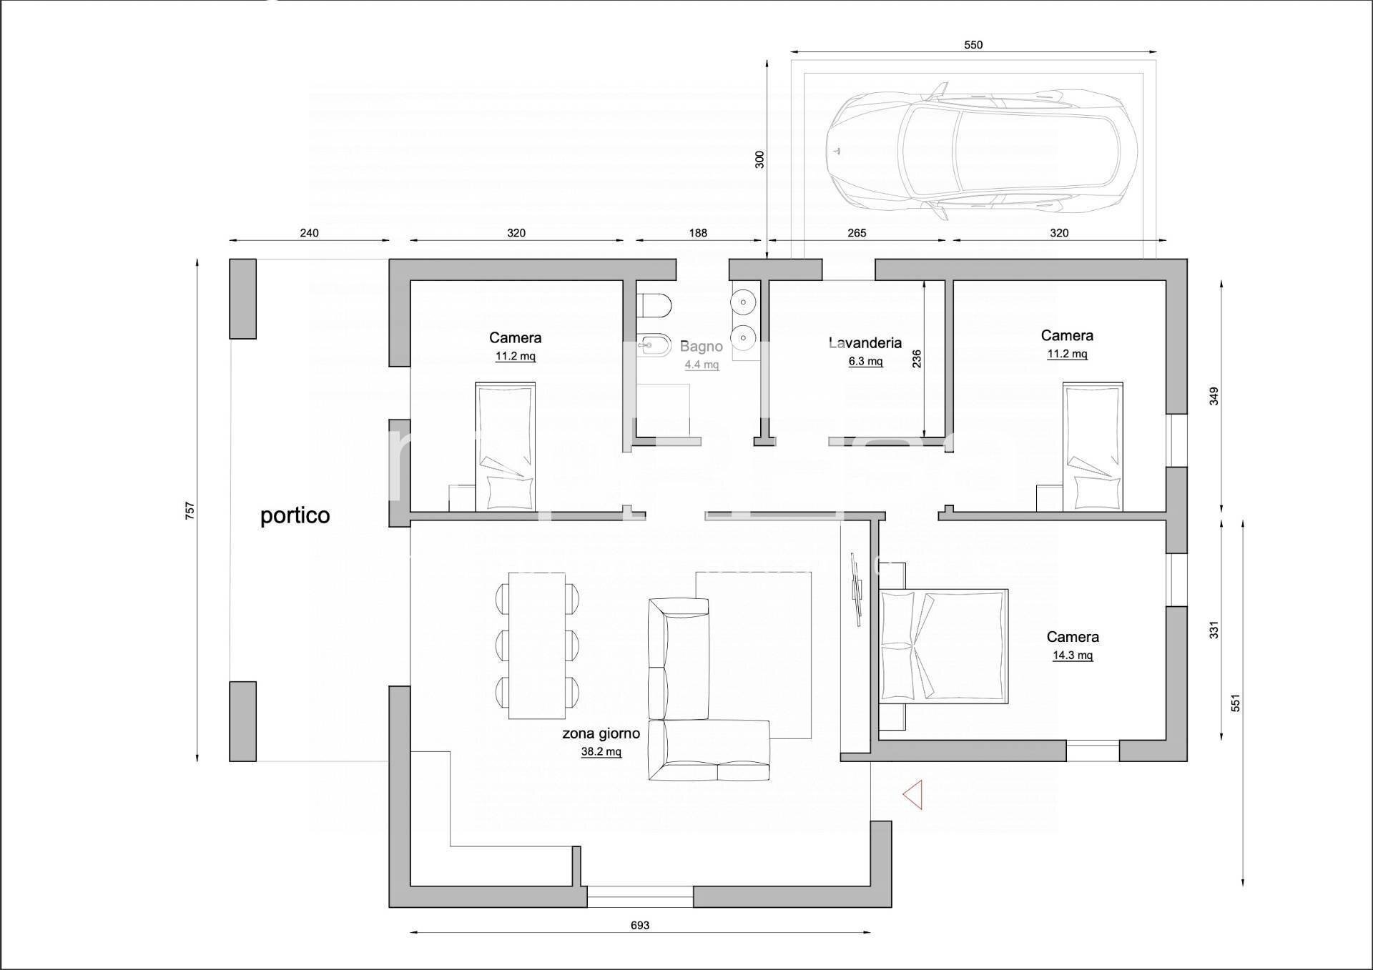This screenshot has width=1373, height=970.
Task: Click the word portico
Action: (295, 515)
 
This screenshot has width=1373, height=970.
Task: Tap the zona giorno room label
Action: (601, 733)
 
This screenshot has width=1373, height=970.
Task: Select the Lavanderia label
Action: (865, 342)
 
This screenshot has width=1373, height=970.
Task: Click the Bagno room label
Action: (701, 346)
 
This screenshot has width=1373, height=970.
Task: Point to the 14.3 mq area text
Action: (1072, 655)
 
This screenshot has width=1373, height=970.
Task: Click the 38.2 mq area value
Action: (601, 751)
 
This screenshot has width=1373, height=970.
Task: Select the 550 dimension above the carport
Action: (973, 44)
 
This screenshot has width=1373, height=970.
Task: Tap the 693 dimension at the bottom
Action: (639, 925)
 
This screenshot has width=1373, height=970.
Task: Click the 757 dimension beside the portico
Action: (190, 510)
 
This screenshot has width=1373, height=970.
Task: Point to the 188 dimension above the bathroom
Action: (698, 232)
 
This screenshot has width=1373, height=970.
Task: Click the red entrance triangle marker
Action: (913, 794)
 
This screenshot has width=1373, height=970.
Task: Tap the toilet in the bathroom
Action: (654, 306)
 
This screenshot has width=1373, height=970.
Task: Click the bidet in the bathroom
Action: (654, 347)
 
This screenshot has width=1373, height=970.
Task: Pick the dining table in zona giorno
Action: (536, 645)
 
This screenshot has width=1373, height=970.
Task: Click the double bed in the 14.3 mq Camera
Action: (943, 645)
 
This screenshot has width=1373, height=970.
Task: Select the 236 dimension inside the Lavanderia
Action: (916, 358)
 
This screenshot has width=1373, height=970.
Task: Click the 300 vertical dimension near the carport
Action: (759, 159)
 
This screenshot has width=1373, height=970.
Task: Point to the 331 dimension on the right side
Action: (1214, 629)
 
